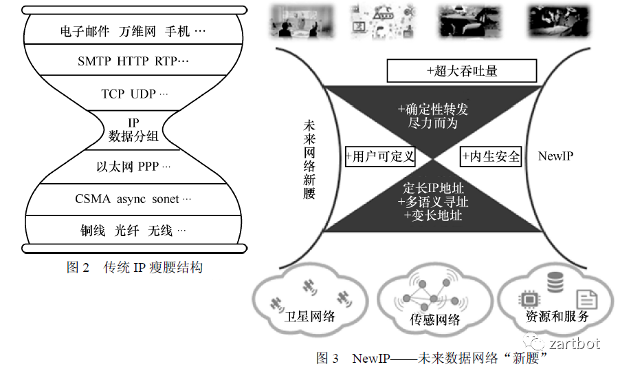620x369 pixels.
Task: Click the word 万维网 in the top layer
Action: (137, 32)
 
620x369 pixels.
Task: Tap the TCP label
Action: (113, 94)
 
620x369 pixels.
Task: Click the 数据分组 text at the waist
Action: (133, 136)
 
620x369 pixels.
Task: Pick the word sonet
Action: (165, 199)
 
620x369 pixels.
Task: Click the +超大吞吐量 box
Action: (461, 71)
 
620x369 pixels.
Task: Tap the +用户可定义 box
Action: (380, 156)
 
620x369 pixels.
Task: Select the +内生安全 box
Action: (491, 156)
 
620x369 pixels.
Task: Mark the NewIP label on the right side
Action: (555, 156)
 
